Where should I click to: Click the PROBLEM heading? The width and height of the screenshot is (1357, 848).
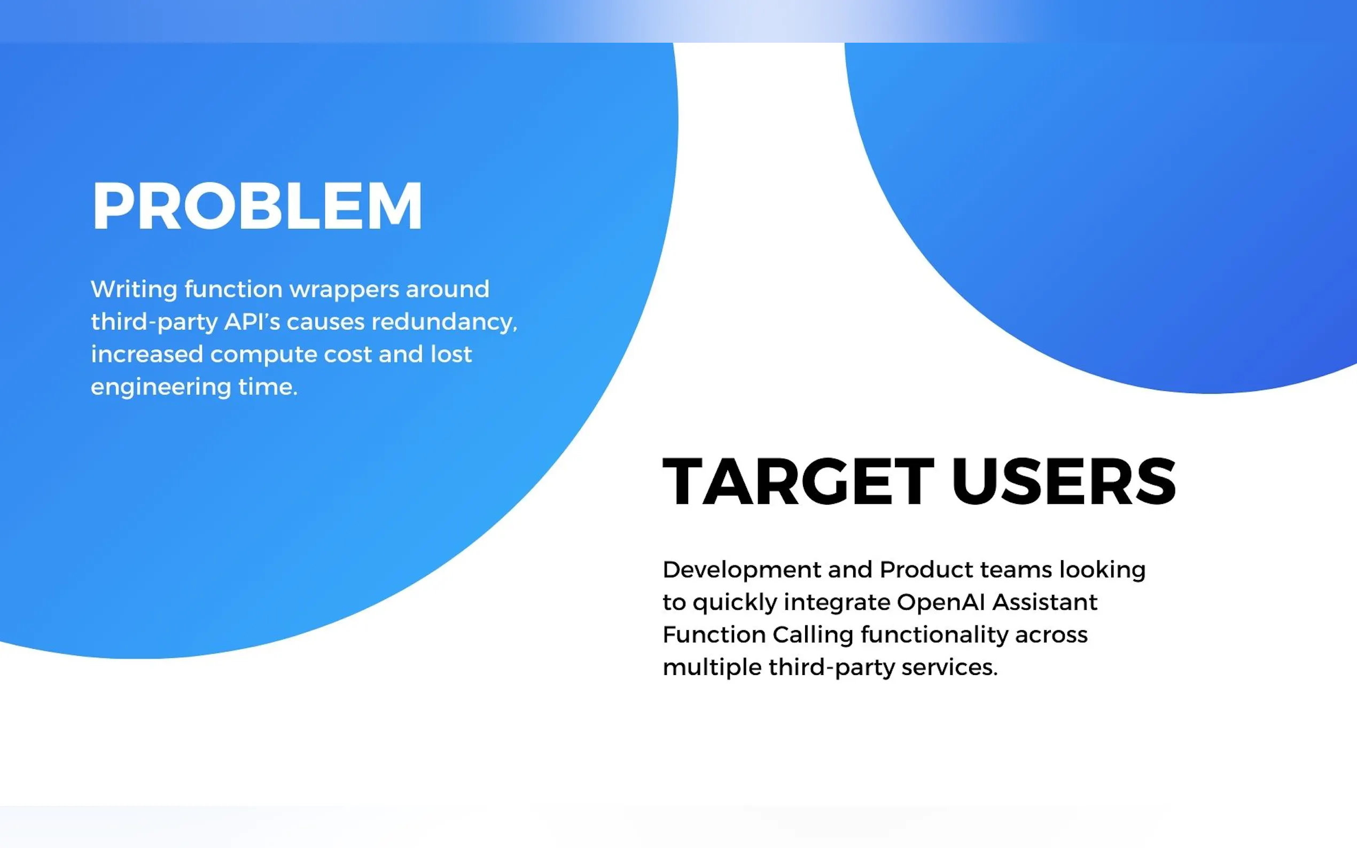pyautogui.click(x=257, y=206)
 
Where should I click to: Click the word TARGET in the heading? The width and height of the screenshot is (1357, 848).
pyautogui.click(x=798, y=481)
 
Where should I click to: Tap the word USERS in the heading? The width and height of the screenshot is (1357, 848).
pyautogui.click(x=1064, y=481)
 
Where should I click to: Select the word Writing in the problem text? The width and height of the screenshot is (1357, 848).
pyautogui.click(x=134, y=290)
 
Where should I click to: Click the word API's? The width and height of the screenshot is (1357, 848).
pyautogui.click(x=252, y=322)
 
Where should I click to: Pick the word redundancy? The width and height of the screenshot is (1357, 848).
pyautogui.click(x=444, y=322)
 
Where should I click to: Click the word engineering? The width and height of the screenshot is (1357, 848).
pyautogui.click(x=161, y=388)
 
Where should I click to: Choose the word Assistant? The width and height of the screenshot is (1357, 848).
pyautogui.click(x=1044, y=602)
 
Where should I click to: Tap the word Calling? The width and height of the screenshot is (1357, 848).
pyautogui.click(x=813, y=635)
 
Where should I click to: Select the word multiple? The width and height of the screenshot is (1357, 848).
pyautogui.click(x=712, y=668)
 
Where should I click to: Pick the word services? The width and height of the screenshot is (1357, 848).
pyautogui.click(x=950, y=668)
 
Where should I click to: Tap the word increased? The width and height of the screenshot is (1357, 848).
pyautogui.click(x=147, y=355)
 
